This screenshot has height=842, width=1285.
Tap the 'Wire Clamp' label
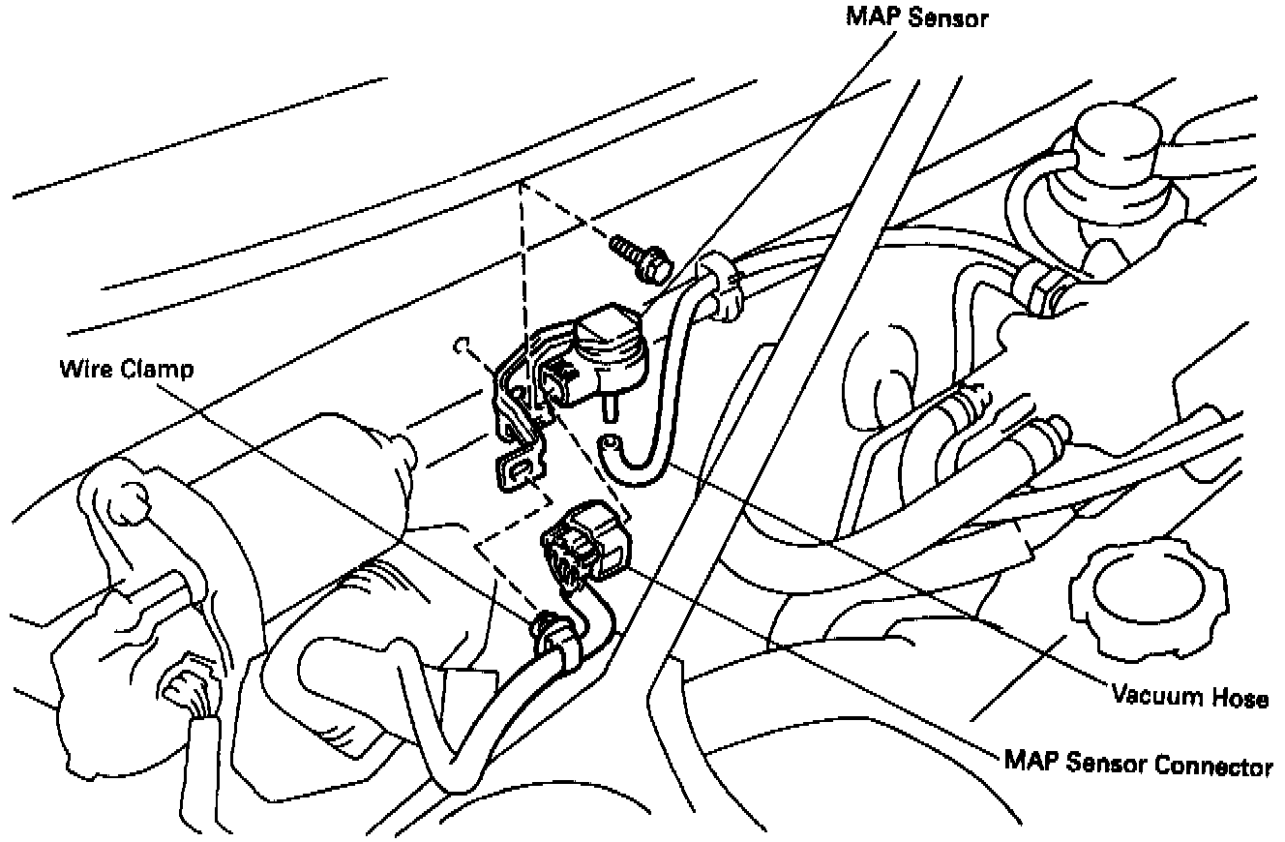coord(126,370)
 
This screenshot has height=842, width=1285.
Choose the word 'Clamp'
coord(158,370)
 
